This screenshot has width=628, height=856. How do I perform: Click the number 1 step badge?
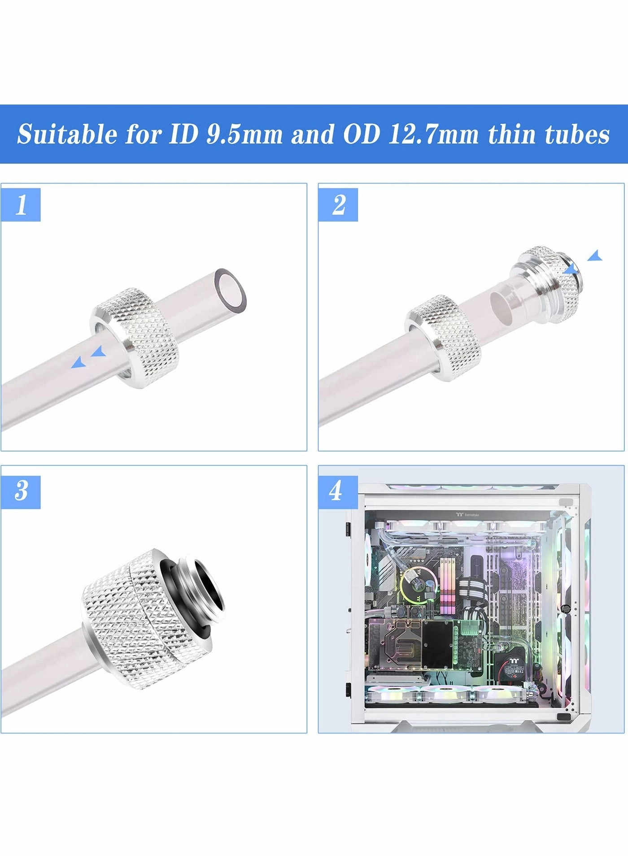(x=21, y=205)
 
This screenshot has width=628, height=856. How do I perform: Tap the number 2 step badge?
(x=338, y=205)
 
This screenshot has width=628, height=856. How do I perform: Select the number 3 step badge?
(x=21, y=492)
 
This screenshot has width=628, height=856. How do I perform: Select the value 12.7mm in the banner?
(x=433, y=135)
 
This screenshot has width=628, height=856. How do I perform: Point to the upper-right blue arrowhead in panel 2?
(x=595, y=256)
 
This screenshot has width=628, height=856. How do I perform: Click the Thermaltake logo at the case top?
(x=468, y=515)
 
